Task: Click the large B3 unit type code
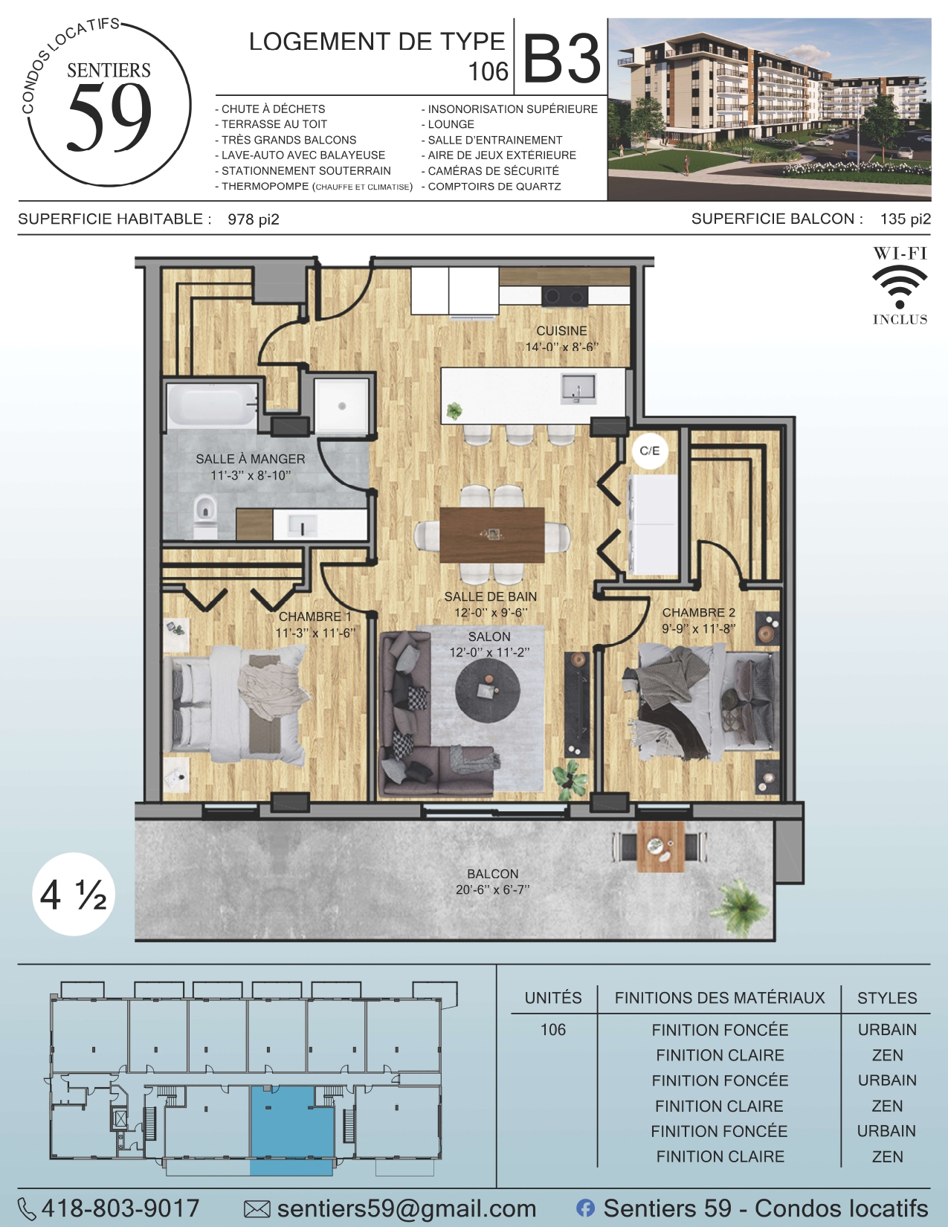tap(562, 59)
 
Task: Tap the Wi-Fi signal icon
tap(900, 288)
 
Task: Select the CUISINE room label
tap(561, 331)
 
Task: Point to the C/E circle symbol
tap(649, 451)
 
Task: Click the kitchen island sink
tap(578, 390)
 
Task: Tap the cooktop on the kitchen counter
tap(564, 296)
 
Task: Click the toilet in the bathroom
tap(205, 515)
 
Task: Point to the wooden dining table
tap(491, 535)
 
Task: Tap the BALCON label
tap(492, 874)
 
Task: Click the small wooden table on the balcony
tap(660, 846)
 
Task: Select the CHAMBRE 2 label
tap(698, 613)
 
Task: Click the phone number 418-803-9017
tap(120, 1208)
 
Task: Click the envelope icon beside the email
tap(257, 1209)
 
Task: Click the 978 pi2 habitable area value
tap(254, 219)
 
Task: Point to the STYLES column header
tap(887, 998)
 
